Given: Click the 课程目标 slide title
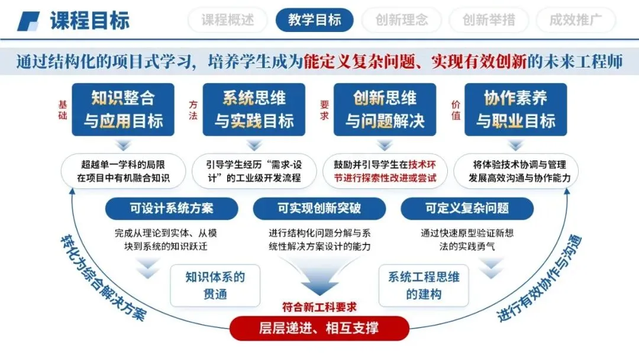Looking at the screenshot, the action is [90, 21].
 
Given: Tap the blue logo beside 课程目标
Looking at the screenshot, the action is [28, 21].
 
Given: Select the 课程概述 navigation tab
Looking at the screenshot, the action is [227, 20].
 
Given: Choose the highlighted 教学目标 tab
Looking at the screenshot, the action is [315, 20].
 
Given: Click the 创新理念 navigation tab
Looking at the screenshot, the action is [402, 20].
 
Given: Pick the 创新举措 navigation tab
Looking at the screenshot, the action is [489, 20].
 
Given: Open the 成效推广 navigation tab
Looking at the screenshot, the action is [576, 20].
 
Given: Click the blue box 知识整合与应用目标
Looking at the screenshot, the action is [123, 110].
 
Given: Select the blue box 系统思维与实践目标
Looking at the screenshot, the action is [254, 110].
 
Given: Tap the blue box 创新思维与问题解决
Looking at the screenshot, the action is [385, 110].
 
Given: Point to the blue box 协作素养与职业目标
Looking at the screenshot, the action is [516, 110].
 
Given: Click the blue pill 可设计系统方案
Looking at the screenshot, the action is [172, 208].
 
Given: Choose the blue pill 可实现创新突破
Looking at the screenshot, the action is [319, 208].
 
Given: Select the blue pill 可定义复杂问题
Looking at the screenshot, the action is [467, 208].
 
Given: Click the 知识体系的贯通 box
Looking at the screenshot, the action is [215, 285].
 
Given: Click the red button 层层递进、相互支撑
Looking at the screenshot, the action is [319, 328].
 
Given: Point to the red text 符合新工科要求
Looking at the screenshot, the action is [319, 307].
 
